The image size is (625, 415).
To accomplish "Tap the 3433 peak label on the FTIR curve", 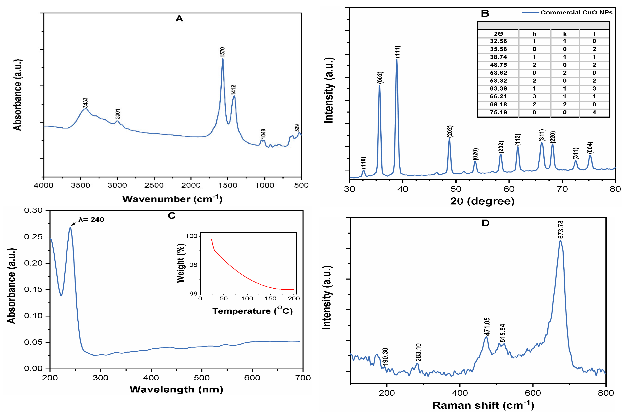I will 85,103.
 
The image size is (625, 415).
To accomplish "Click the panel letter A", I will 179,19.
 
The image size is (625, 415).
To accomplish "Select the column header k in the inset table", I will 565,34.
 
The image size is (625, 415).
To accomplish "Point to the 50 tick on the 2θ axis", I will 456,189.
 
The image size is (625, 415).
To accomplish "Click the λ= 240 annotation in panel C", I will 91,219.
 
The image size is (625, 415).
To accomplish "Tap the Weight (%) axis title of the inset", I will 181,263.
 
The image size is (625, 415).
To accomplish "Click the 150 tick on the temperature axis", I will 270,298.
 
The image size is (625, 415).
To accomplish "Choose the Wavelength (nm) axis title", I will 176,389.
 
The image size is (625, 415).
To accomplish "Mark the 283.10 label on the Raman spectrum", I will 418,352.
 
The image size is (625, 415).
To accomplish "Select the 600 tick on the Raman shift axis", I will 533,393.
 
